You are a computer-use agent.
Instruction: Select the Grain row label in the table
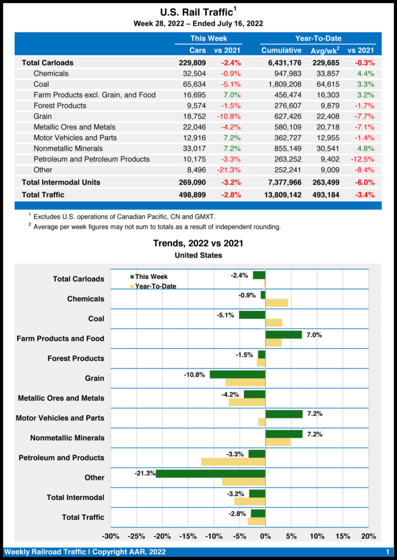click(43, 116)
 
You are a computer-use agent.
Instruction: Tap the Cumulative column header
click(281, 50)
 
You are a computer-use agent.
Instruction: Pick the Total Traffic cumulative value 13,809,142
click(278, 194)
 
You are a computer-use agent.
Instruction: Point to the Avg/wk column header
click(325, 50)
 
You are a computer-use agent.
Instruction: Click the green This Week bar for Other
click(210, 473)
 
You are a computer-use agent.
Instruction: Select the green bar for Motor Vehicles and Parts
click(284, 414)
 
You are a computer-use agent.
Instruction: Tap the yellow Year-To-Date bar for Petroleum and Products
click(233, 462)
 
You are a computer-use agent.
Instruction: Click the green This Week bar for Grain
click(238, 374)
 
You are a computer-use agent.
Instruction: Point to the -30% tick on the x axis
click(111, 536)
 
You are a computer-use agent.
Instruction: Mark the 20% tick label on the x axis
click(369, 536)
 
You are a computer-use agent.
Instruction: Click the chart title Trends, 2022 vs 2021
click(198, 243)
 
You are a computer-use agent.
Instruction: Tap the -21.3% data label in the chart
click(145, 473)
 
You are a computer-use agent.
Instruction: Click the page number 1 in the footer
click(387, 552)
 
